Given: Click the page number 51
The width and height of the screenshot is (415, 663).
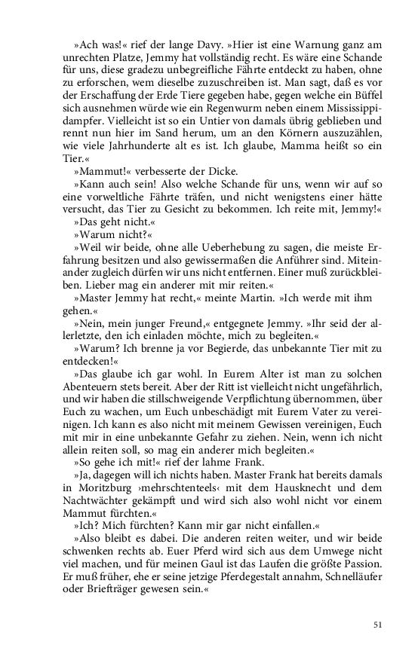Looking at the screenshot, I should (378, 624).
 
